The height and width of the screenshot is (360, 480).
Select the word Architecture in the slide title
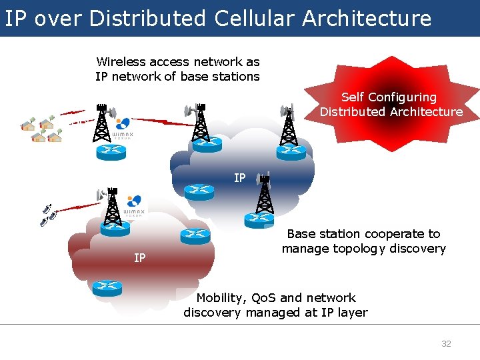click(367, 19)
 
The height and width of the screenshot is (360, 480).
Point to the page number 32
click(446, 344)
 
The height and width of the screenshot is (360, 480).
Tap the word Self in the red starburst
click(353, 97)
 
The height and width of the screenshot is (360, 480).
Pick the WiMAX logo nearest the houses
click(123, 127)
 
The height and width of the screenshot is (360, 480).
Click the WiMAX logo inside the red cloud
click(133, 205)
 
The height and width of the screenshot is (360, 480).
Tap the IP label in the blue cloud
click(239, 178)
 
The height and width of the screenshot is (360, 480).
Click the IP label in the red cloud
click(139, 257)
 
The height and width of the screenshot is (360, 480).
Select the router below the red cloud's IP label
click(107, 287)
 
